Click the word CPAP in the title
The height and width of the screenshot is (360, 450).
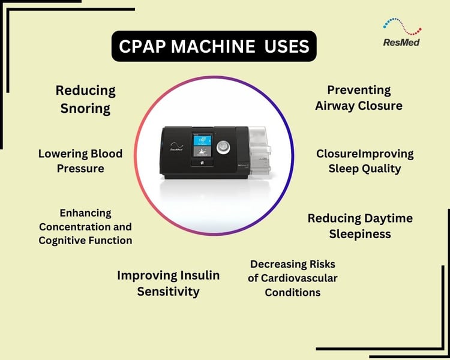pos(144,46)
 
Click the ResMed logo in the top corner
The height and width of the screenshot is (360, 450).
pos(401,33)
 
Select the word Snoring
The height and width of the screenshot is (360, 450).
pos(85,109)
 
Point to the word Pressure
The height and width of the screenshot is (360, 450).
pos(80,169)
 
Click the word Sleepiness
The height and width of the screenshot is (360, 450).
pos(360,233)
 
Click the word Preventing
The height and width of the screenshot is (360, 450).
pos(359,90)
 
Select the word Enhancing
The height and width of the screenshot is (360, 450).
pos(85,213)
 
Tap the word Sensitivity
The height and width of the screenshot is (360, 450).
pos(168,292)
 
